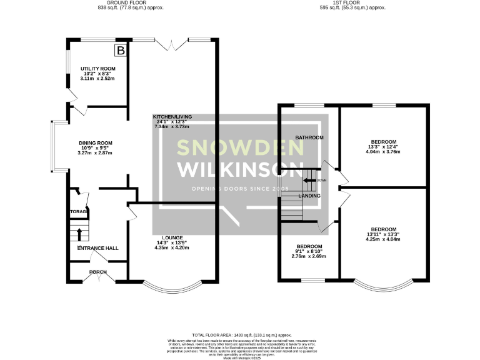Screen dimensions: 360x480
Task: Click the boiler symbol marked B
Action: point(121,49)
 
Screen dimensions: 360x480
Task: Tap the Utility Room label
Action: point(95,68)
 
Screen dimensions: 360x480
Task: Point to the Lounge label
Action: point(172,237)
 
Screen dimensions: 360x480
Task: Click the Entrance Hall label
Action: point(97,248)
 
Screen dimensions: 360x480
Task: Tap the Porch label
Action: point(98,272)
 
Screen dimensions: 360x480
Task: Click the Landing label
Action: point(309,196)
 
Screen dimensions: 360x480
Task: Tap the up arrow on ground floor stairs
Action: point(79,234)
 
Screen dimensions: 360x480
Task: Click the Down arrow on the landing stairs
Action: point(310,180)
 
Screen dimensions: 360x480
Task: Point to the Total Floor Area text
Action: point(239,336)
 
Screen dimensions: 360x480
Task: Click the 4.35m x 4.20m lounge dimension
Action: point(172,248)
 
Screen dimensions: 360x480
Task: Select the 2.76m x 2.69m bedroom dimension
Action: point(309,256)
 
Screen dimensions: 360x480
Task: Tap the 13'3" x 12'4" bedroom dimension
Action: point(384,147)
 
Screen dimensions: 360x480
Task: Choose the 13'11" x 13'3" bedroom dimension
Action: point(384,234)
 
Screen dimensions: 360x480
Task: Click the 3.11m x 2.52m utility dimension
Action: point(95,79)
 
